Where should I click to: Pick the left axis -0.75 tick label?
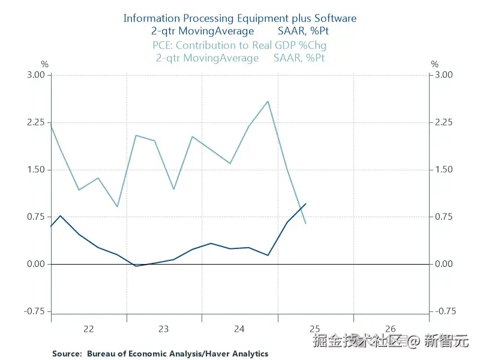click(35, 311)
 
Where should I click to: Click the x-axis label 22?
click(88, 329)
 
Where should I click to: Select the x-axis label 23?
click(164, 329)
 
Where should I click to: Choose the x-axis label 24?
click(239, 329)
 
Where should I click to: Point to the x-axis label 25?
click(315, 329)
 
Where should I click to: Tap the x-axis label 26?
click(391, 329)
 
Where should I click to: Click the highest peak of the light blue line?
click(268, 101)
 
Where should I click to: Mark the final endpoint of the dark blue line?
click(306, 204)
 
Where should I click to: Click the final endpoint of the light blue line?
click(306, 224)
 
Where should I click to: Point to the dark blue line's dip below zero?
click(137, 266)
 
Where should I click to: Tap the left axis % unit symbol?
click(44, 64)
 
